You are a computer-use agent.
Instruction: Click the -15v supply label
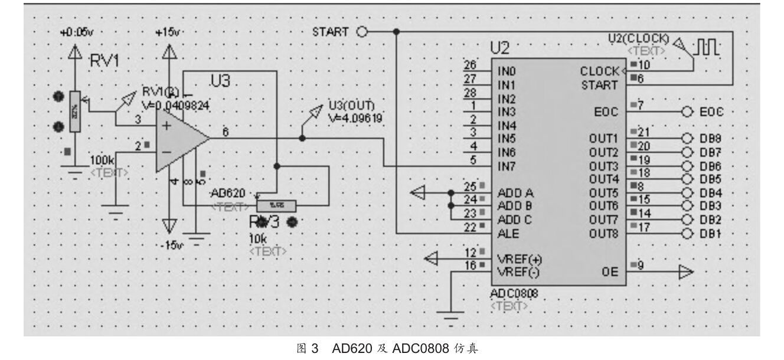pyautogui.click(x=171, y=244)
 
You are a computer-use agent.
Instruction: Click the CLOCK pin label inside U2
pyautogui.click(x=599, y=71)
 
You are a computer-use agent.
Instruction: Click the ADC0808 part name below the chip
pyautogui.click(x=513, y=293)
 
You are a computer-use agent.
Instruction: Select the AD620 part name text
pyautogui.click(x=231, y=194)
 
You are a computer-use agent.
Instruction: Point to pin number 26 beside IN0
pyautogui.click(x=470, y=65)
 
